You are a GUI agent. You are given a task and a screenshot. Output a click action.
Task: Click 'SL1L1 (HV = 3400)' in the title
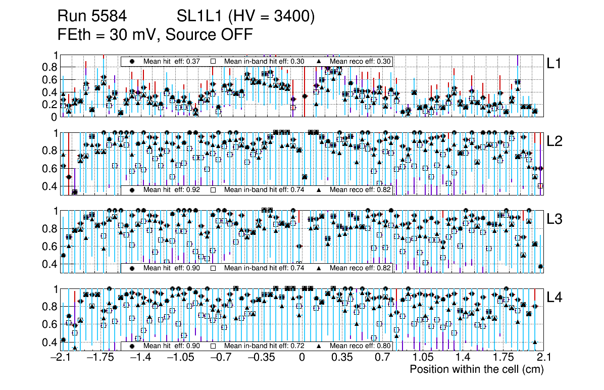(246, 17)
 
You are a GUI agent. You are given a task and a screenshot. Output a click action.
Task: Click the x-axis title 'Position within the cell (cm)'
(476, 369)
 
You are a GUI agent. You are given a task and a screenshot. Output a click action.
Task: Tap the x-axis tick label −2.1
(61, 358)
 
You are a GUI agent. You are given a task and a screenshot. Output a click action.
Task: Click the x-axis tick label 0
(302, 358)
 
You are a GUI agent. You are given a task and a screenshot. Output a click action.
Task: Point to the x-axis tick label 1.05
(422, 358)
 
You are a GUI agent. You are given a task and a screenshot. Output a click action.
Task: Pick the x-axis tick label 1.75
(502, 358)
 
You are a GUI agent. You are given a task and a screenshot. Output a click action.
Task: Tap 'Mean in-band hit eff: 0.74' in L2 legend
(264, 190)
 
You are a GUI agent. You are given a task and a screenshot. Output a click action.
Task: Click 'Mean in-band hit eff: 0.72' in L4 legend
(264, 346)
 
